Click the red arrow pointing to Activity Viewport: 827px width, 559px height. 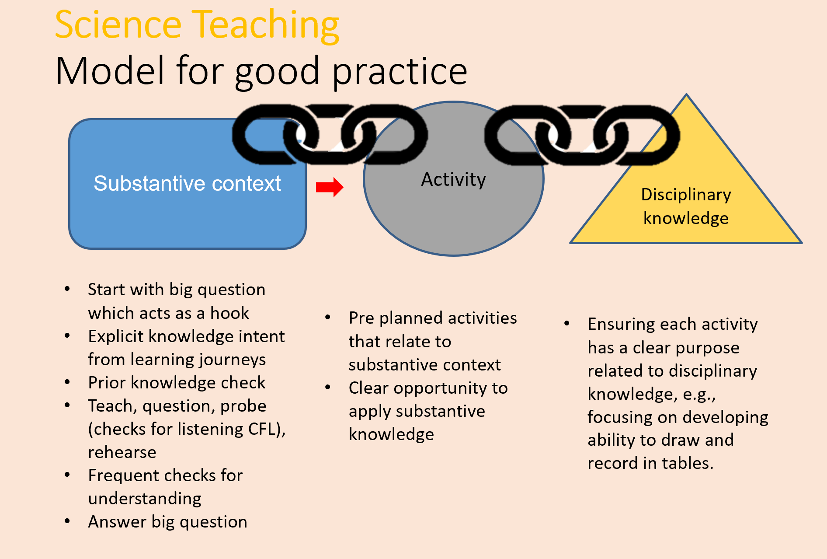click(x=330, y=187)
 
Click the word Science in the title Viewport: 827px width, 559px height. click(x=118, y=25)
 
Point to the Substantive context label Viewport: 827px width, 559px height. click(x=187, y=183)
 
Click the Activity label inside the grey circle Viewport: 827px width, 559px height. click(x=453, y=179)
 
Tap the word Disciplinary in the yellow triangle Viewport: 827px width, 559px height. click(x=686, y=195)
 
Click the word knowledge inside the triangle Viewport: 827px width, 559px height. click(x=686, y=218)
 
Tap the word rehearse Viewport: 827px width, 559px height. click(x=122, y=452)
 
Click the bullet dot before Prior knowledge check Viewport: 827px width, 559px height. click(x=67, y=382)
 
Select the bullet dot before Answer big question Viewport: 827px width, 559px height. click(x=67, y=521)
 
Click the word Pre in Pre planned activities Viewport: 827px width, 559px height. click(x=361, y=318)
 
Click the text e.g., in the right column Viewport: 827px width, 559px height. click(x=699, y=394)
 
